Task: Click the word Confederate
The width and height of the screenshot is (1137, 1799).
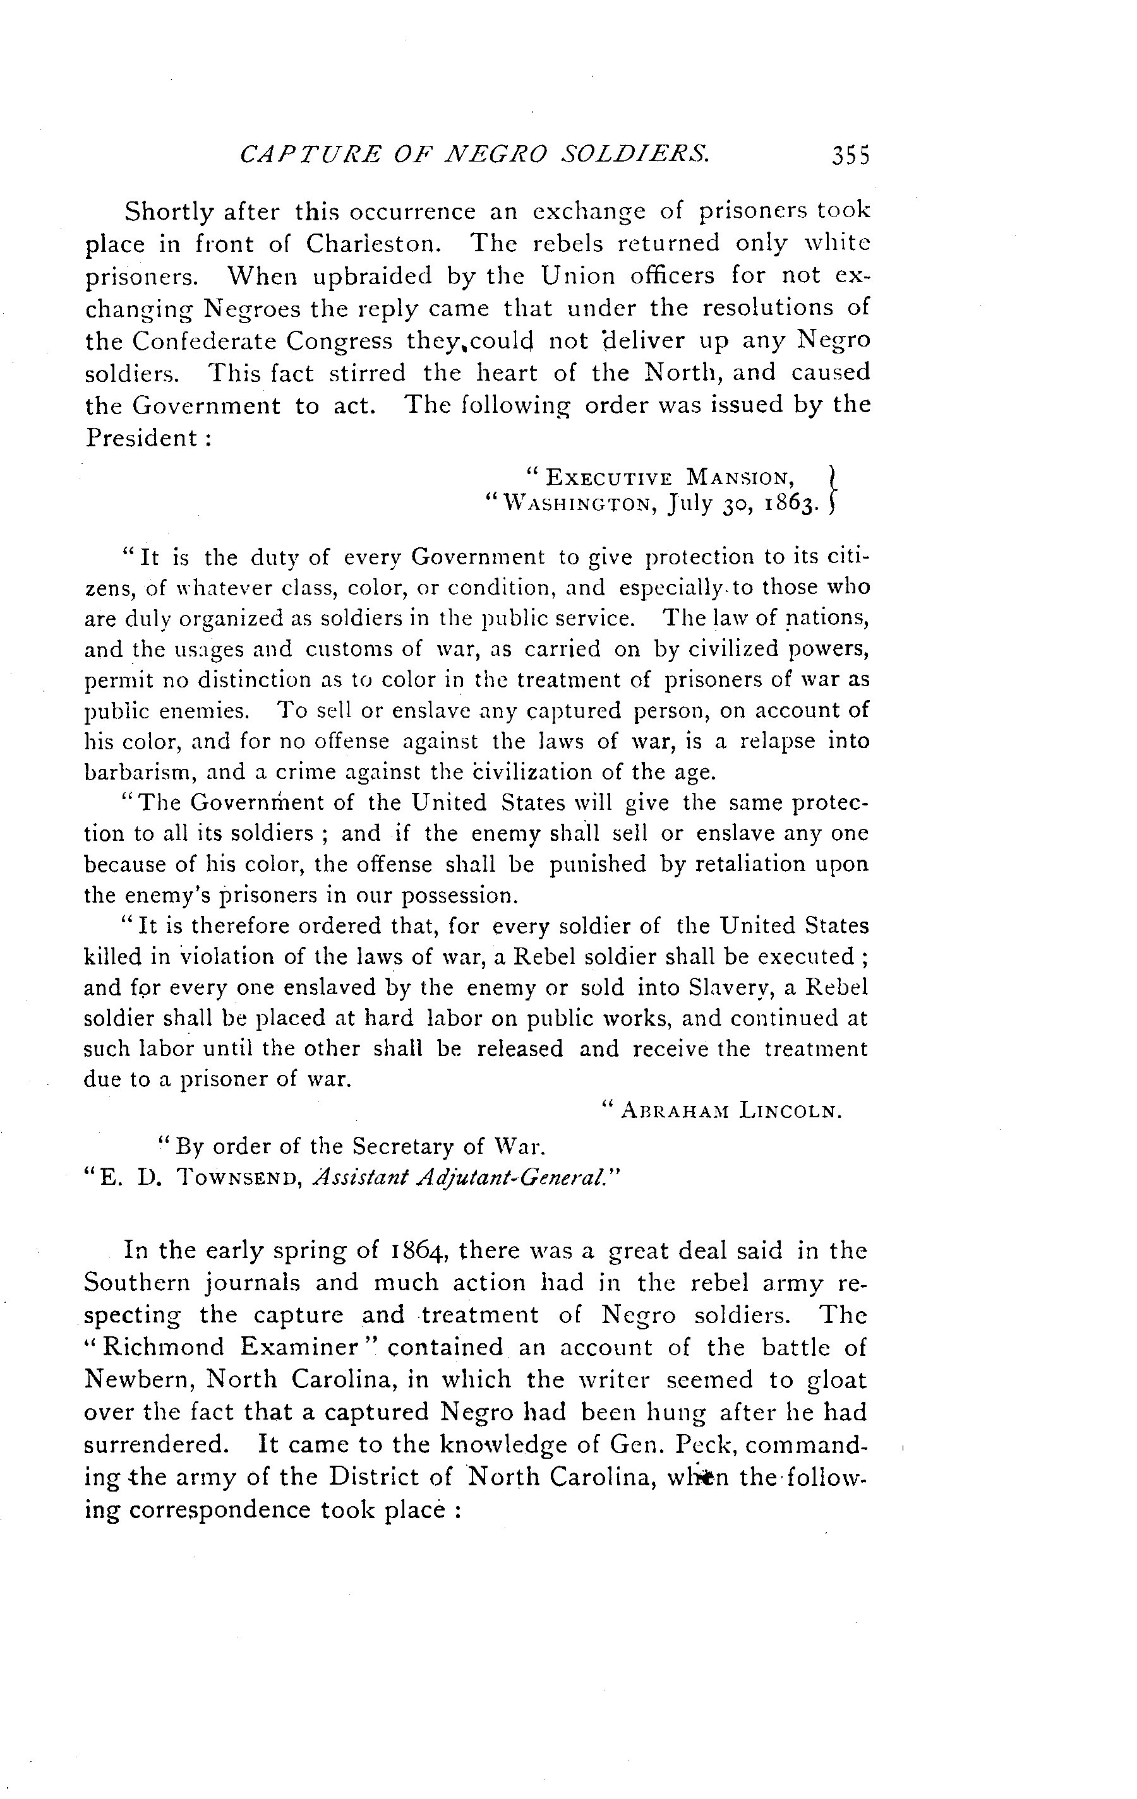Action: click(202, 341)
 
